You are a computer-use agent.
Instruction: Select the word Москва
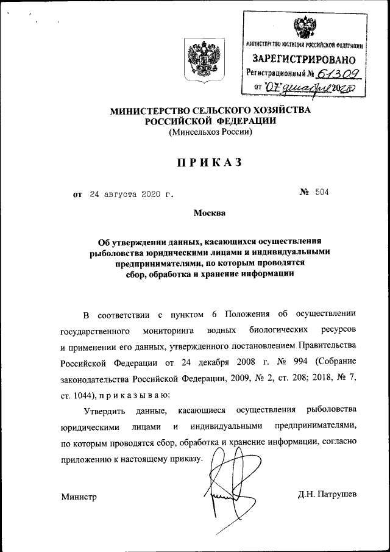(x=210, y=213)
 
